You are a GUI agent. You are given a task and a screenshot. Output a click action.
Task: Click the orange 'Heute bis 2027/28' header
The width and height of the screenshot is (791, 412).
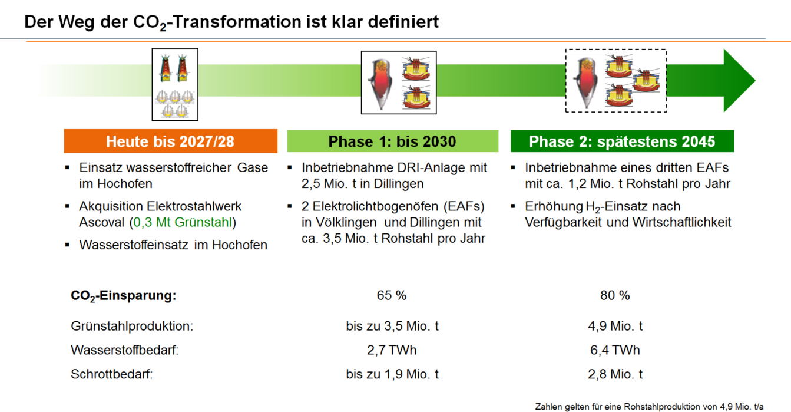pos(171,141)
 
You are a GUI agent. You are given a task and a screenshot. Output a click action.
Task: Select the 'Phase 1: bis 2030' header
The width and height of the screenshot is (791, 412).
pos(393,141)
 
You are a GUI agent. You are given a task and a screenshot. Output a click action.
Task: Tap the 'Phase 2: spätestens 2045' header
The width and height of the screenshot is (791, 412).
pos(622,141)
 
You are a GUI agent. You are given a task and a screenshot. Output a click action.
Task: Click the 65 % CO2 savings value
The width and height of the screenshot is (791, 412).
pos(392,295)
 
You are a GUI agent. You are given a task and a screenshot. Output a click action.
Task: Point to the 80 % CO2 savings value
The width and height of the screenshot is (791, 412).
pos(615,295)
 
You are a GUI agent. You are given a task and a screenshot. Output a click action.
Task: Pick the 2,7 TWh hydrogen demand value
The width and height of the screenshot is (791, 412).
pos(392,350)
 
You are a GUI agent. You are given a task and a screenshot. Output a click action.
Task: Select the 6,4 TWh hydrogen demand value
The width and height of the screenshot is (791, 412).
pos(615,350)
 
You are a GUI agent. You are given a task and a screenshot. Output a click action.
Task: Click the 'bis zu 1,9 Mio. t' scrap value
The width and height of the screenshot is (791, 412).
pos(392,374)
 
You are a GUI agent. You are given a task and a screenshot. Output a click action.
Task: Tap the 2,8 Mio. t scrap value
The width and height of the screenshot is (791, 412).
pos(615,374)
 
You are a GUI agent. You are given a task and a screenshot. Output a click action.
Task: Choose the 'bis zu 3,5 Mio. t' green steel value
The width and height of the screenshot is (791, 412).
pos(392,326)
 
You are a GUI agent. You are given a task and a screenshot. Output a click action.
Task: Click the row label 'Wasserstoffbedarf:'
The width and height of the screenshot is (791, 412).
pos(125,350)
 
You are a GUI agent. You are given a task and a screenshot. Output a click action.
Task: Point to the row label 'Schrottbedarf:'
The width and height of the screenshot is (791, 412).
pos(111,374)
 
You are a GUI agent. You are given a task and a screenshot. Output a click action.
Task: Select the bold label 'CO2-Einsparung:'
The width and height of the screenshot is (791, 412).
pos(124,296)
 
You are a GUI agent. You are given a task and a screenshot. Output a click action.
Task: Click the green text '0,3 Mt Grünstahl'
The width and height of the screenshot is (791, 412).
pos(183,222)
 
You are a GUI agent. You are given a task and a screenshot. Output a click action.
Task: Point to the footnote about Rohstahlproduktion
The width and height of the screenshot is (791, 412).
pos(649,407)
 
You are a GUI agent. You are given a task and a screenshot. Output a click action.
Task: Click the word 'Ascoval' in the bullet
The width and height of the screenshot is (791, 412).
pos(102,222)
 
